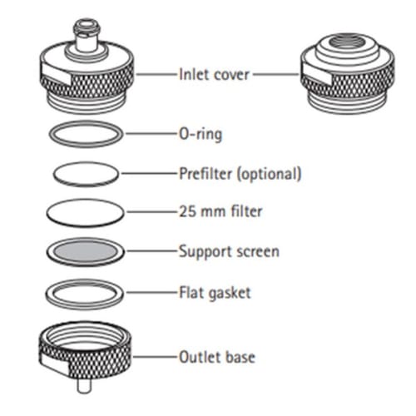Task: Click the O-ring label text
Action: (x=201, y=134)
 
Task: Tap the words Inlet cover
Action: (x=214, y=74)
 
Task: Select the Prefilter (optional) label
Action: (x=240, y=174)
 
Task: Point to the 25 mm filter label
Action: (x=220, y=211)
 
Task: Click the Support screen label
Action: (x=229, y=252)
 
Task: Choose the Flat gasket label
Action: (x=215, y=293)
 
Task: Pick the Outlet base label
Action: (x=217, y=357)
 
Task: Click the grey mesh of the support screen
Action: (x=86, y=251)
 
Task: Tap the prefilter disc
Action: (x=86, y=174)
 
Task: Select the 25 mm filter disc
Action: (x=85, y=213)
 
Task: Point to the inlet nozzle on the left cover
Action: (x=87, y=36)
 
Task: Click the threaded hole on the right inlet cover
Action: (x=348, y=42)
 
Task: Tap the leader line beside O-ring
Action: (x=152, y=134)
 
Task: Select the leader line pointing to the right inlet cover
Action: (x=276, y=74)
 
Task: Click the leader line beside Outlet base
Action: (x=156, y=357)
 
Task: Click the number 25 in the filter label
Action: (x=186, y=211)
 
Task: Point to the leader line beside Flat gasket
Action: (x=152, y=292)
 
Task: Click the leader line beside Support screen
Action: (x=152, y=251)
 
